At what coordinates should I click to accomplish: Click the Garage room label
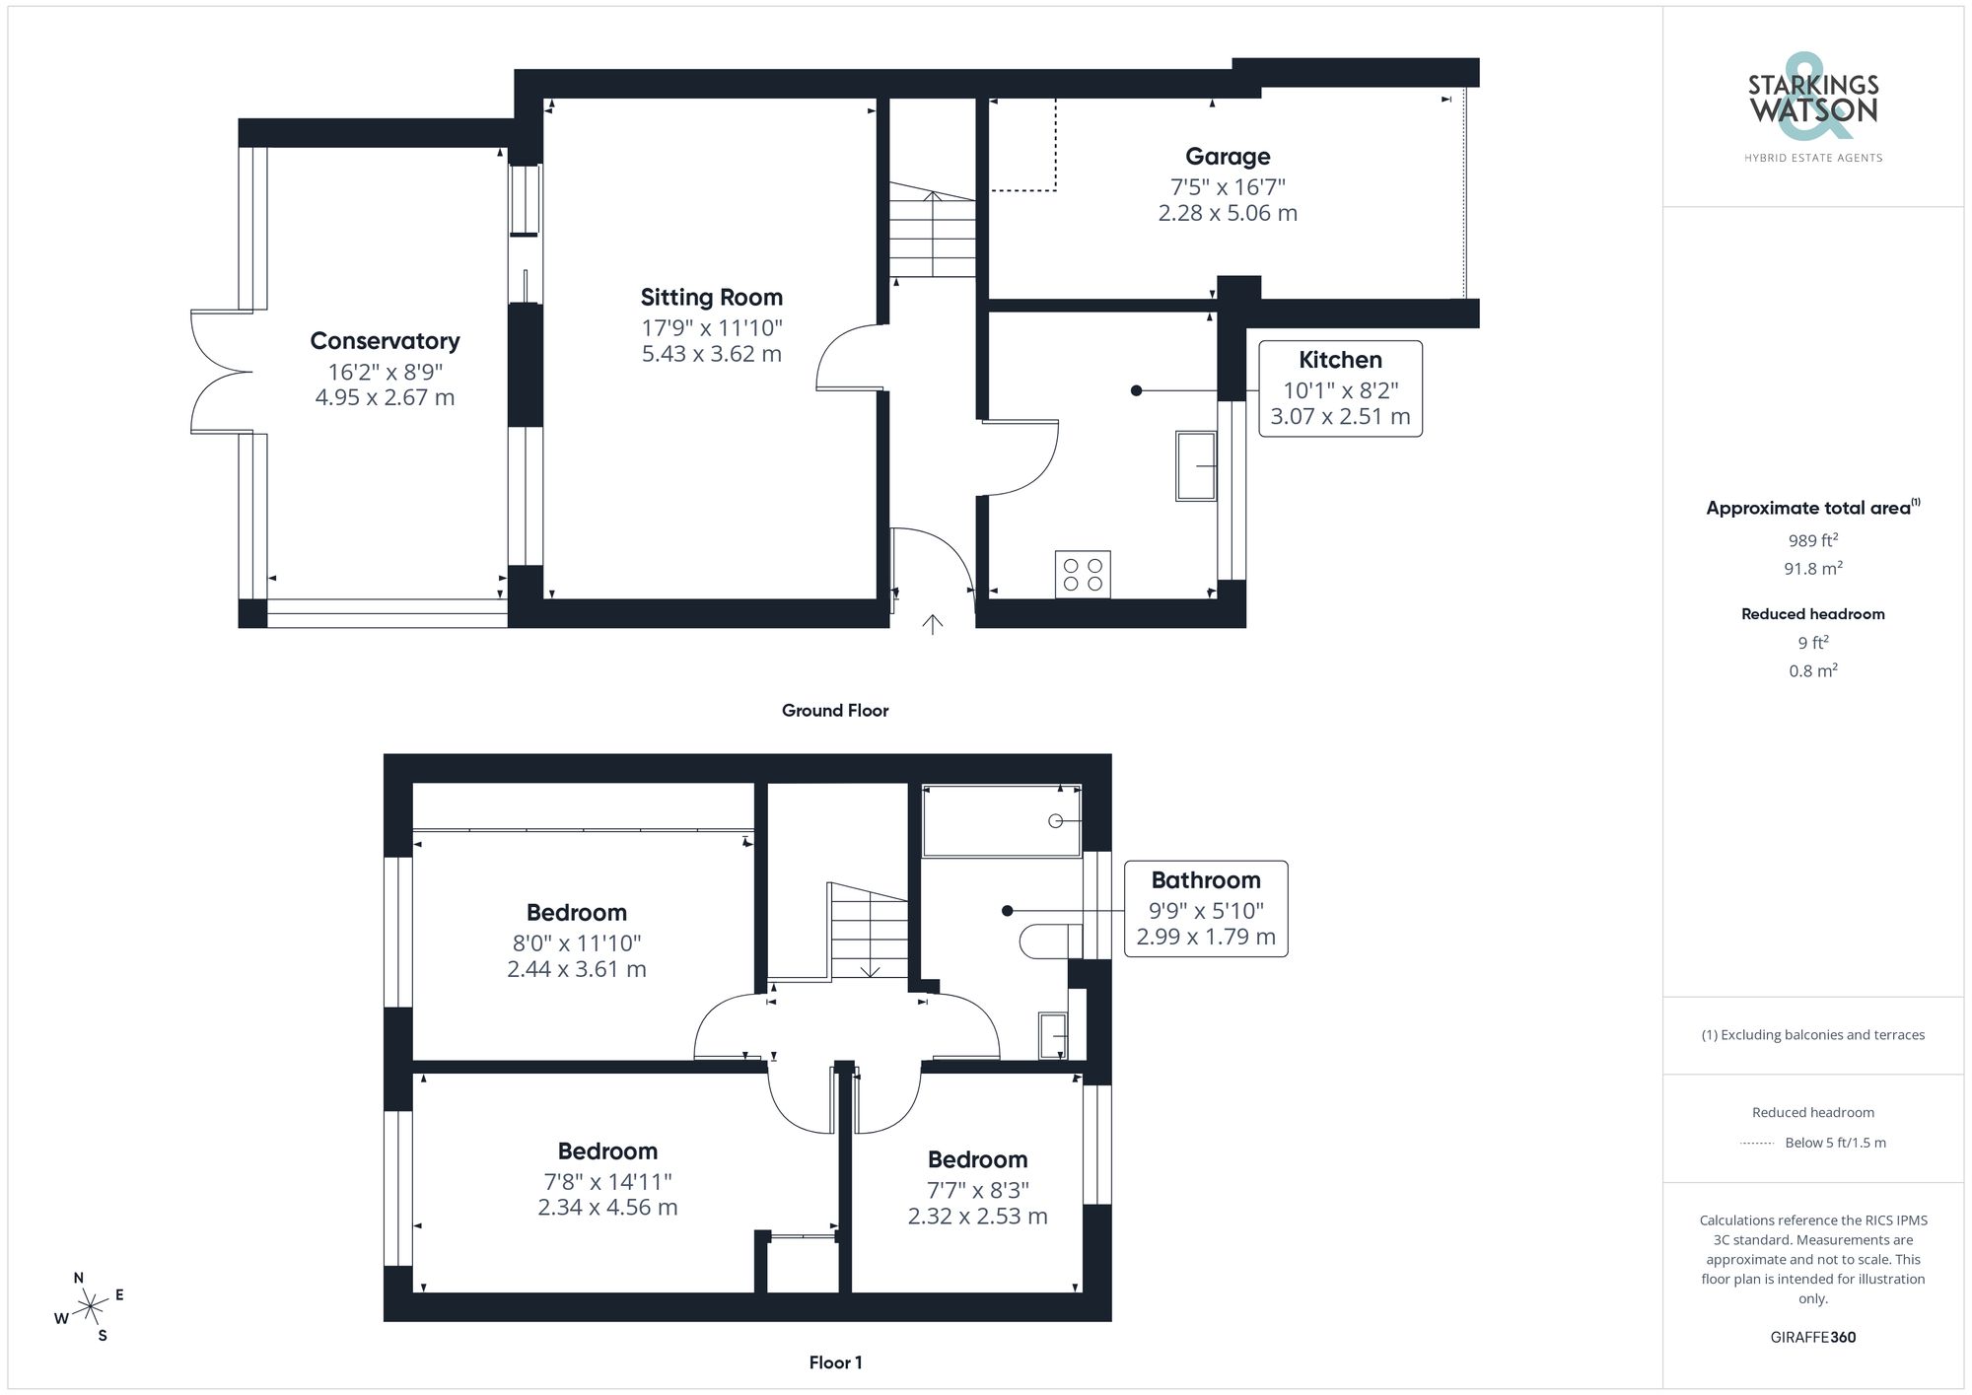tap(1228, 157)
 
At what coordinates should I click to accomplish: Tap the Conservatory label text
tap(385, 341)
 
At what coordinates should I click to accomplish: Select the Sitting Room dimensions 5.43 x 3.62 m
tap(711, 354)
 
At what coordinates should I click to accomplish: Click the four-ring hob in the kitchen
tap(1083, 575)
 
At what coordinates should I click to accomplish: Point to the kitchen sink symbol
tap(1196, 465)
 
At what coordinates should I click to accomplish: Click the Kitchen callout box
tap(1340, 388)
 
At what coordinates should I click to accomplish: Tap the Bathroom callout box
tap(1206, 908)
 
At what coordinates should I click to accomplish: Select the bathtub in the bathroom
tap(1001, 820)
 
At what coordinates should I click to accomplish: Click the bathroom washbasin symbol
tap(1053, 1035)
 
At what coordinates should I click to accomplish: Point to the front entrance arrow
tap(932, 624)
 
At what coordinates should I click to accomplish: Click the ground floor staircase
tap(932, 235)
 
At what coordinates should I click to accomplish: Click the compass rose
tap(91, 1307)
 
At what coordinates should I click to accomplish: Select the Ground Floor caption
tap(834, 711)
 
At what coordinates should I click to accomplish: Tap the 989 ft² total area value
tap(1812, 540)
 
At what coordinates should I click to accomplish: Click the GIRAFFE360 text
tap(1812, 1338)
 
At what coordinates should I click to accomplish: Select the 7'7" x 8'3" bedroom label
tap(977, 1190)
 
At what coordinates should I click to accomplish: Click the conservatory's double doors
tap(222, 372)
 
